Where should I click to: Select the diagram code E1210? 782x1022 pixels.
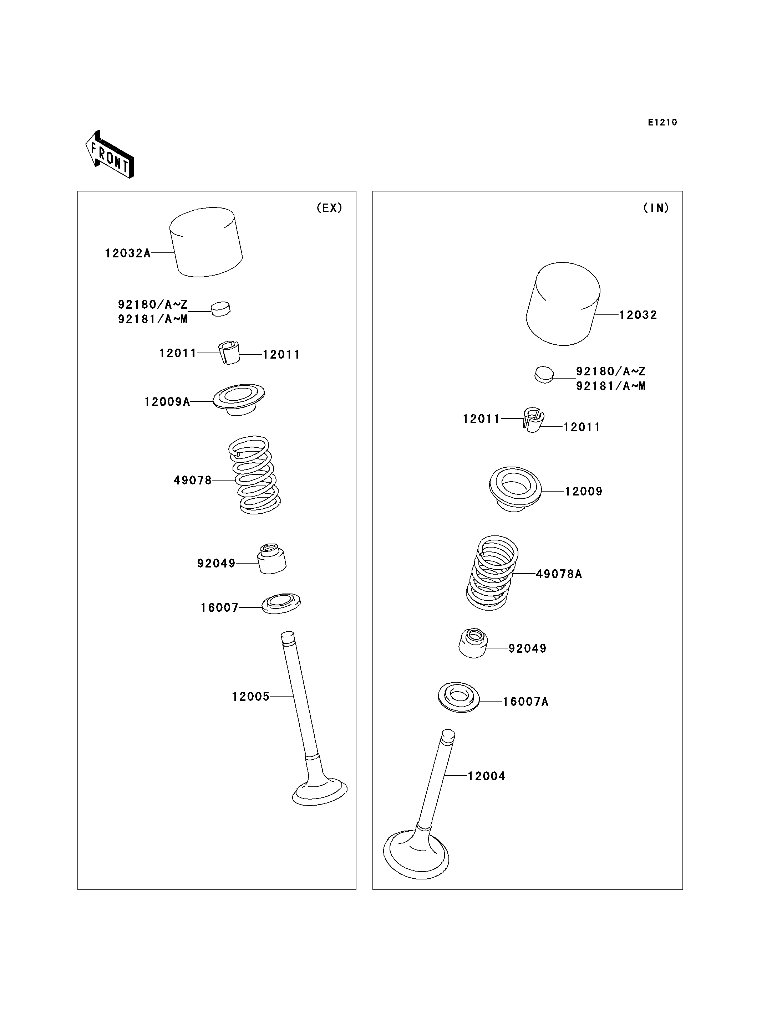(662, 122)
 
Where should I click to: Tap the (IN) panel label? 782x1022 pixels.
(656, 208)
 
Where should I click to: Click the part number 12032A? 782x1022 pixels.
(128, 253)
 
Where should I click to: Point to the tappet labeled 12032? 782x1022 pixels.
(563, 304)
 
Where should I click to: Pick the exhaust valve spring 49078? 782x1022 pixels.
(255, 475)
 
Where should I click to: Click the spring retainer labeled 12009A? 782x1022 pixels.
(239, 400)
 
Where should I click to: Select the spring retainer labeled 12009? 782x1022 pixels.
(515, 489)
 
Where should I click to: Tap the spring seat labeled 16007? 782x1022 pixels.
(281, 604)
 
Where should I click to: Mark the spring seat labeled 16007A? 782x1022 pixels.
(459, 697)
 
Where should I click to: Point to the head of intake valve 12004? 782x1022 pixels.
(416, 856)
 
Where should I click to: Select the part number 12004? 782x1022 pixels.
(486, 776)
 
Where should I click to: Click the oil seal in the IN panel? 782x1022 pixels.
(473, 643)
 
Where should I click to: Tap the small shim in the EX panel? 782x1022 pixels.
(220, 308)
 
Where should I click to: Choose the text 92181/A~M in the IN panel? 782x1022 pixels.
(611, 386)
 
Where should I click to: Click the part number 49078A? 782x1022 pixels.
(559, 574)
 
